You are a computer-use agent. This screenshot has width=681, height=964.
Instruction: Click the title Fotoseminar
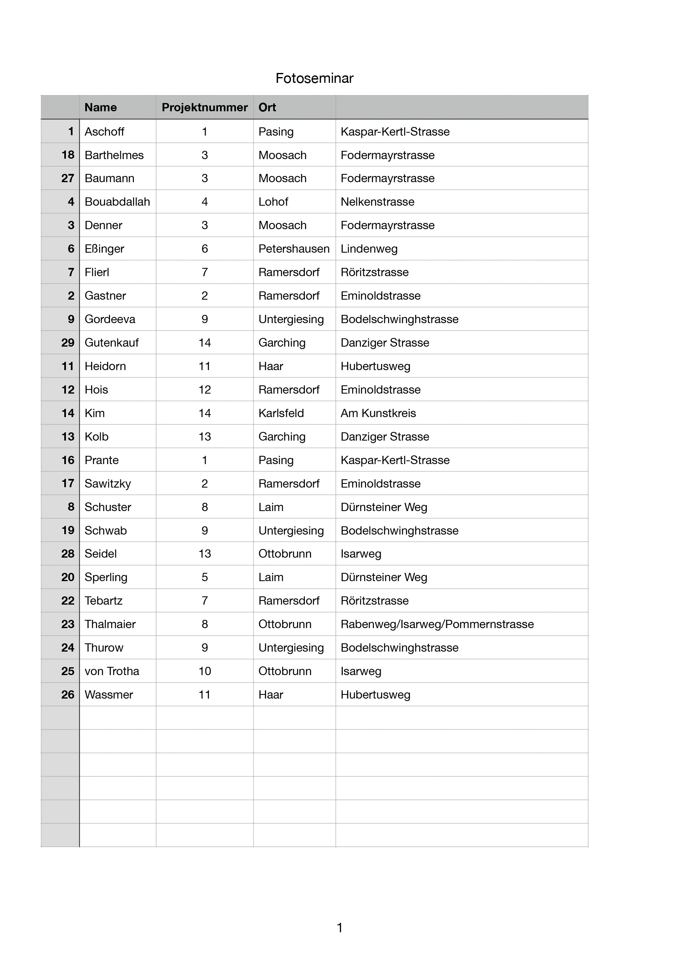pyautogui.click(x=314, y=78)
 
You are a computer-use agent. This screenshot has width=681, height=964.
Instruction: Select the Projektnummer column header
pyautogui.click(x=204, y=108)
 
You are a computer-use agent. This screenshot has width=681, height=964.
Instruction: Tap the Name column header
pyautogui.click(x=101, y=108)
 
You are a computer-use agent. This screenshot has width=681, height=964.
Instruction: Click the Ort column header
pyautogui.click(x=267, y=108)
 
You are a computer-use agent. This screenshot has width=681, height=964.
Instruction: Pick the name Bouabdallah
pyautogui.click(x=117, y=202)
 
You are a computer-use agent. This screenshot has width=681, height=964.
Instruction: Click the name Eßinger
pyautogui.click(x=104, y=249)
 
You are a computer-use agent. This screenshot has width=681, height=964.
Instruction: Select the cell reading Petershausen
pyautogui.click(x=294, y=249)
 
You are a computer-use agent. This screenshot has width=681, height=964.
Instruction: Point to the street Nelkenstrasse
pyautogui.click(x=377, y=202)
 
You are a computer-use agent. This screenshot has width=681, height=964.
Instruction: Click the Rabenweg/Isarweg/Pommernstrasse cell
pyautogui.click(x=437, y=624)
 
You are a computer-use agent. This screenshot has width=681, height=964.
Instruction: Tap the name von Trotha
pyautogui.click(x=112, y=671)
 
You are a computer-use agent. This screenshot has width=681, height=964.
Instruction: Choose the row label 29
pyautogui.click(x=68, y=343)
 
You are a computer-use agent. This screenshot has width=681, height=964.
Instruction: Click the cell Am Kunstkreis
pyautogui.click(x=378, y=413)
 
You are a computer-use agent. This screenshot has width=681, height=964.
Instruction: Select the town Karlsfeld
pyautogui.click(x=281, y=413)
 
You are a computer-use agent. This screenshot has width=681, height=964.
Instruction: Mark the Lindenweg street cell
pyautogui.click(x=369, y=249)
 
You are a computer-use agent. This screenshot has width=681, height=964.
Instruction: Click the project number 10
pyautogui.click(x=204, y=671)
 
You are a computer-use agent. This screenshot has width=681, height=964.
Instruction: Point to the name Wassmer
pyautogui.click(x=109, y=695)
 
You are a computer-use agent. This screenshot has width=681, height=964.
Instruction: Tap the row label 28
pyautogui.click(x=68, y=554)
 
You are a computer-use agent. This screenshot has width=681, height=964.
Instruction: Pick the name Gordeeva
pyautogui.click(x=110, y=319)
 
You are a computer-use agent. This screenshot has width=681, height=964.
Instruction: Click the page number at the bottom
pyautogui.click(x=340, y=927)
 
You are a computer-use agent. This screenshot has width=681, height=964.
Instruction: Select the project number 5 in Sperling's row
pyautogui.click(x=204, y=577)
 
